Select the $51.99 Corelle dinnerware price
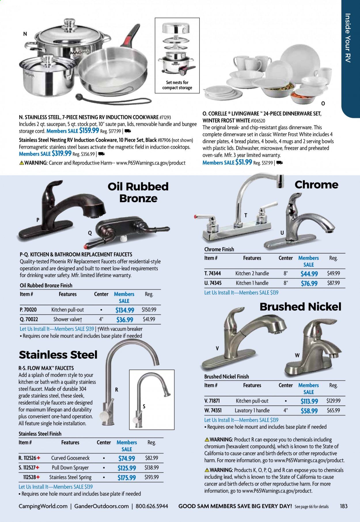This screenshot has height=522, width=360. pos(244,162)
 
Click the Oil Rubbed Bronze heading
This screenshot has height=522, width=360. pos(138,192)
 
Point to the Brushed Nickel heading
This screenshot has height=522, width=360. pos(300,307)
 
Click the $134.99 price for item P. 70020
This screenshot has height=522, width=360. pos(125,310)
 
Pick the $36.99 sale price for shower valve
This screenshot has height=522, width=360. pos(125,320)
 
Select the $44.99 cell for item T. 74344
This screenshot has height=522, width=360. pos(309,274)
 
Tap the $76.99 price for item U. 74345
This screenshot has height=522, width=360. pos(309,283)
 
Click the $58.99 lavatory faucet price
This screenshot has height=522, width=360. pos(309,411)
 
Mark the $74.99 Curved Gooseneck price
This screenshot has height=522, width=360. pos(126,458)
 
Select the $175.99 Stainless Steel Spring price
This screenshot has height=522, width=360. pos(126,478)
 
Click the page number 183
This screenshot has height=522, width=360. pos(344,506)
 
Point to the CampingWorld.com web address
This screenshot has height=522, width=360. pos(43,506)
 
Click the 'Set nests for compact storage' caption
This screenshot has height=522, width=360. pos(177,85)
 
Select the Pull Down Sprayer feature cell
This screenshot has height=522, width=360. pos(70,468)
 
